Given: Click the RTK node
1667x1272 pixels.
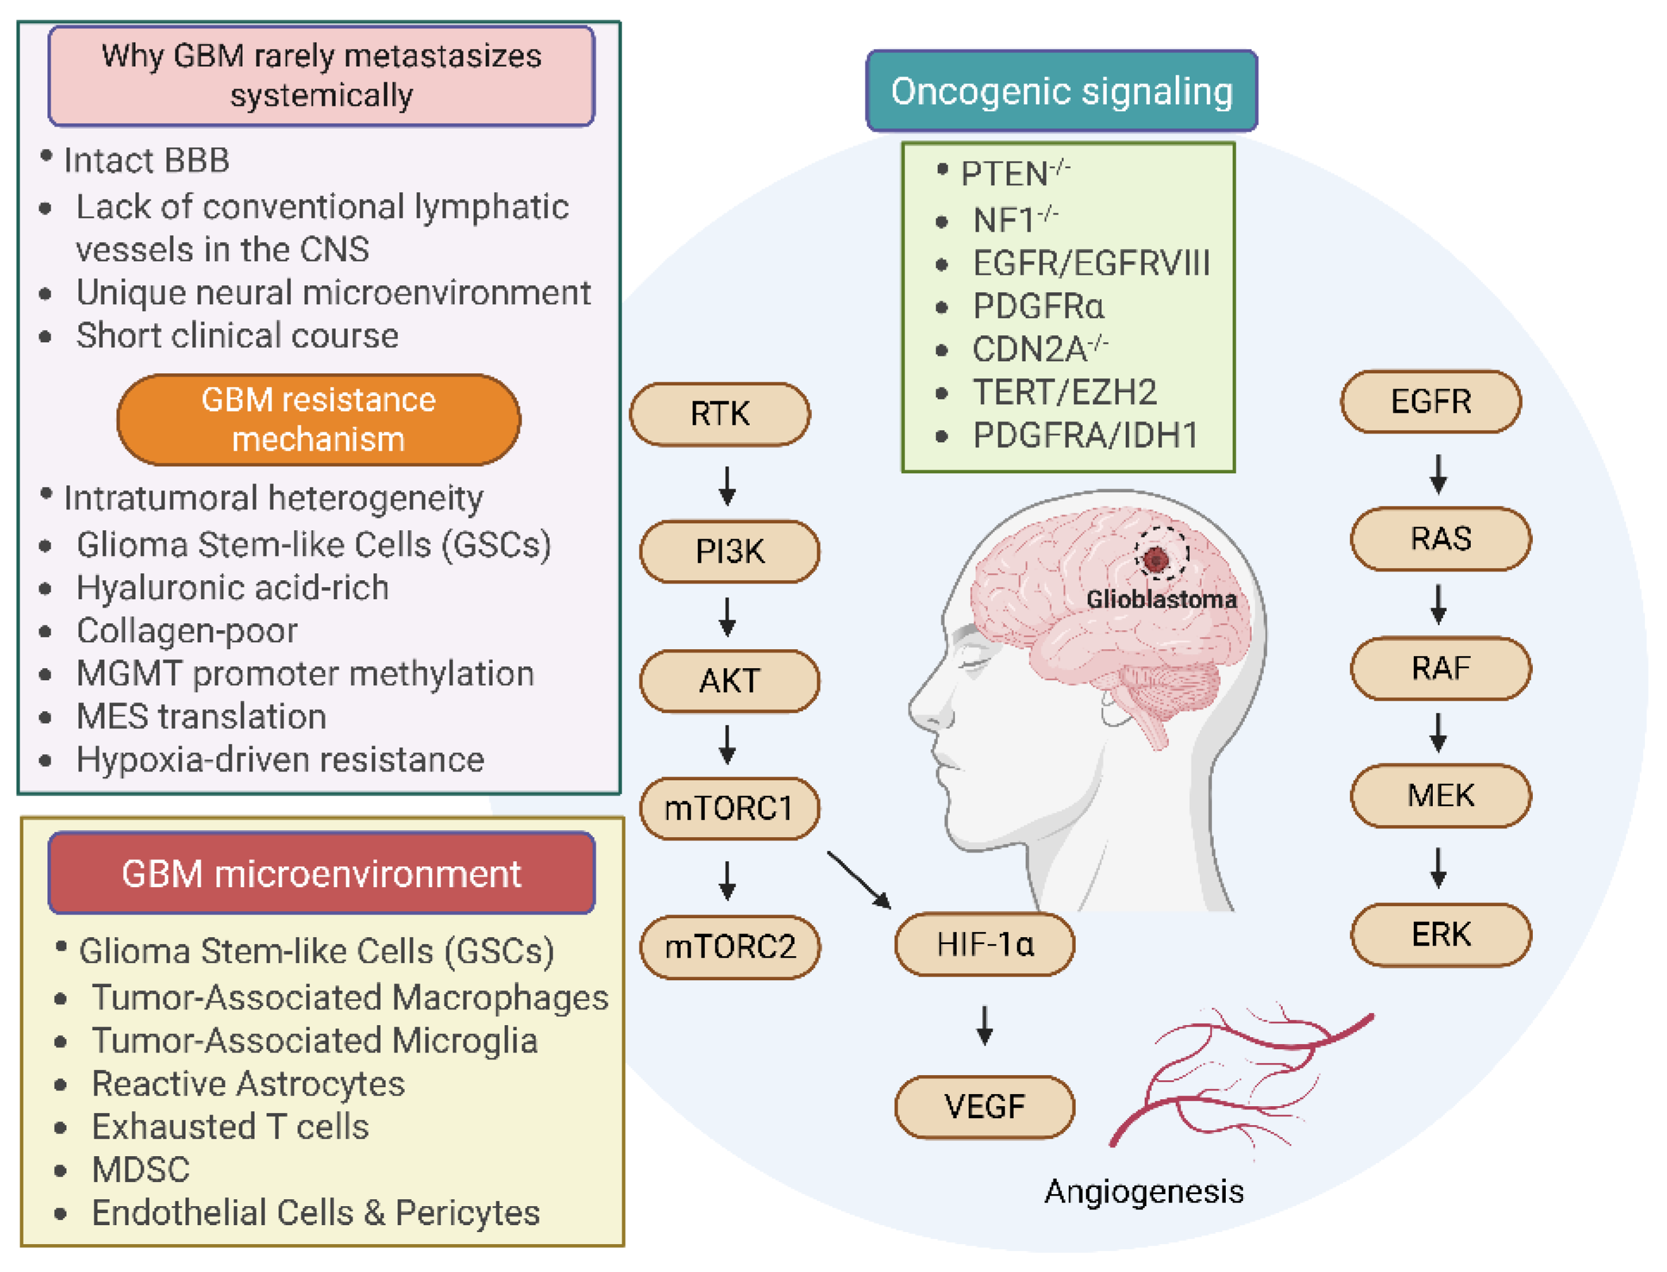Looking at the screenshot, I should (719, 414).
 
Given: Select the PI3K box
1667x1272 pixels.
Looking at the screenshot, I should (729, 551).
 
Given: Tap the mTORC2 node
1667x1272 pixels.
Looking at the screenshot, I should (729, 947).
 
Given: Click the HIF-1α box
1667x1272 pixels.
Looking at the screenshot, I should (984, 944).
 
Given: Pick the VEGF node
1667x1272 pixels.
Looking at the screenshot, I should (984, 1106).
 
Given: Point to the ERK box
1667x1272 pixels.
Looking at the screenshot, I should (1440, 934).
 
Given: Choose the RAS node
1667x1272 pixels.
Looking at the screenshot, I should (1440, 539).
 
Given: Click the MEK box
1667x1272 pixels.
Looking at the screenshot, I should (1440, 795).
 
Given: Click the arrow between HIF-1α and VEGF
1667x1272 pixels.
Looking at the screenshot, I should (984, 1025).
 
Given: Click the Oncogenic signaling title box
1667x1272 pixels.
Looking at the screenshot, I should (1061, 91).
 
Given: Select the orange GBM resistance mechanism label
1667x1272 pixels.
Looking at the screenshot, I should (318, 420).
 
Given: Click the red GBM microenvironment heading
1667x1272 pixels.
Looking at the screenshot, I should (321, 873).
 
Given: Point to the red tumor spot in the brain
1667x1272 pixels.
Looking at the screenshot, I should (1155, 559).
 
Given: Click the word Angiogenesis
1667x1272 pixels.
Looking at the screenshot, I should (1143, 1191).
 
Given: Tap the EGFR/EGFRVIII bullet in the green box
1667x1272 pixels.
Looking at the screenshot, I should (1091, 263).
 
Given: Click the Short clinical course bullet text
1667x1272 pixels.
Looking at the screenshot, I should (237, 335).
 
